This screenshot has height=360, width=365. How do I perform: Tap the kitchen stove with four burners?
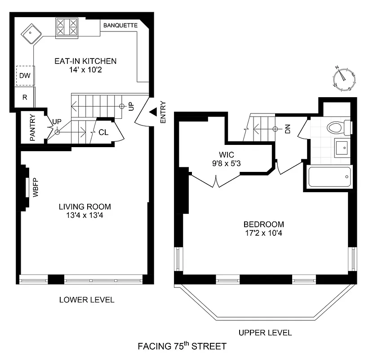[67, 27]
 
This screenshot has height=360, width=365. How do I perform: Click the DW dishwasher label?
[25, 76]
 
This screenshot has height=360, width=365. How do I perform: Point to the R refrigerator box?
[24, 97]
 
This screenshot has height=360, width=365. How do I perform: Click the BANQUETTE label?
[120, 25]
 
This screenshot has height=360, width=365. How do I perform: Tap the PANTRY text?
[32, 130]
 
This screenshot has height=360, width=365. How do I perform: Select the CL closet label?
[103, 133]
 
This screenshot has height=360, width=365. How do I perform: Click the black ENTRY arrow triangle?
[153, 111]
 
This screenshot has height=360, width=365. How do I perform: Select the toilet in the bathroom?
[338, 127]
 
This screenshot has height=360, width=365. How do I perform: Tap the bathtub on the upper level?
[329, 177]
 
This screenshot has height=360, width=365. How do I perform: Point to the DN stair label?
[288, 130]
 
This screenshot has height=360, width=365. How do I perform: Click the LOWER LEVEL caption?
[87, 300]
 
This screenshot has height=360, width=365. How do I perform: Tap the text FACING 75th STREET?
[182, 346]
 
